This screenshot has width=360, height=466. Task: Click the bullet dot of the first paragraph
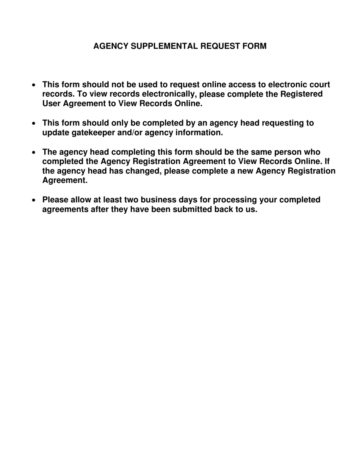[34, 85]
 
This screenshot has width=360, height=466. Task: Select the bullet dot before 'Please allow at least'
[34, 200]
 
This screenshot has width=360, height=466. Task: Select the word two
[131, 200]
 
